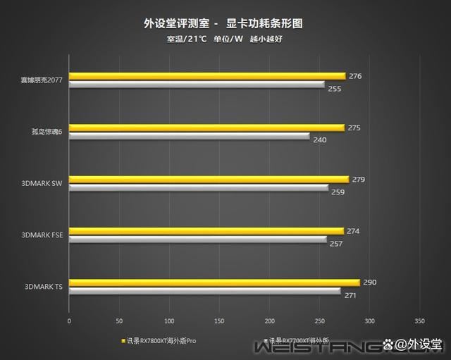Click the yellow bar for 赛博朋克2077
point(207,76)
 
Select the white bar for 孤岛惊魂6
point(189,137)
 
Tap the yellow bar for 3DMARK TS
point(214,283)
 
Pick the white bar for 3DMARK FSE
point(197,240)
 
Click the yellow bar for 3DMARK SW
point(209,179)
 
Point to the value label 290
point(369,283)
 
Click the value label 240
point(319,140)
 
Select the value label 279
point(358,180)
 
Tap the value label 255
point(334,89)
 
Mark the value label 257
point(336,243)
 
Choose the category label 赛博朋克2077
point(42,81)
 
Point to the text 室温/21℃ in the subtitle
point(187,39)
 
